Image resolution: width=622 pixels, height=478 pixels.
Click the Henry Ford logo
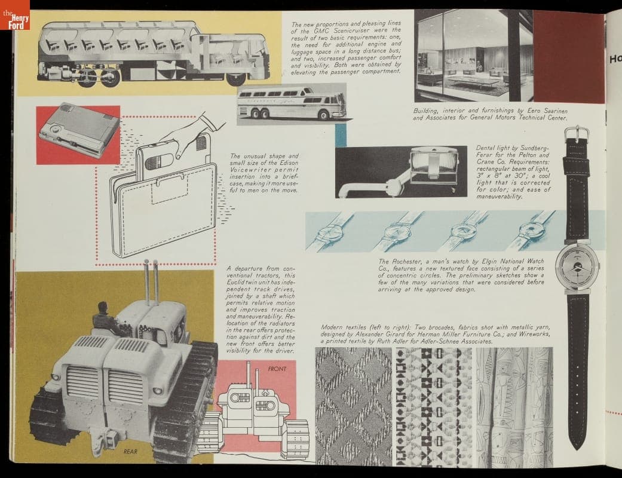pos(15,15)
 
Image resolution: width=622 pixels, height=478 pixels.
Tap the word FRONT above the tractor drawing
pos(277,369)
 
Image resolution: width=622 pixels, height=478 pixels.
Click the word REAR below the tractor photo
pos(130,452)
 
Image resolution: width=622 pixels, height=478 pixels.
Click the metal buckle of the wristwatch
pos(577,134)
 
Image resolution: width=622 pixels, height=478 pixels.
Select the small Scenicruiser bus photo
pos(292,104)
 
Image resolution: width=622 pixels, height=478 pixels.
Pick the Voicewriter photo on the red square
pos(78,135)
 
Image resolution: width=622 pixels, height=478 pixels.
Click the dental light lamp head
pos(435,166)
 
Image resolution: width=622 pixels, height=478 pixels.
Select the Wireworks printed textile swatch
pos(514,406)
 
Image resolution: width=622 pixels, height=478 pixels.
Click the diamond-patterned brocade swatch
pos(354,406)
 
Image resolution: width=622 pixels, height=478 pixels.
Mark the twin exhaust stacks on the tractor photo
pos(151,281)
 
